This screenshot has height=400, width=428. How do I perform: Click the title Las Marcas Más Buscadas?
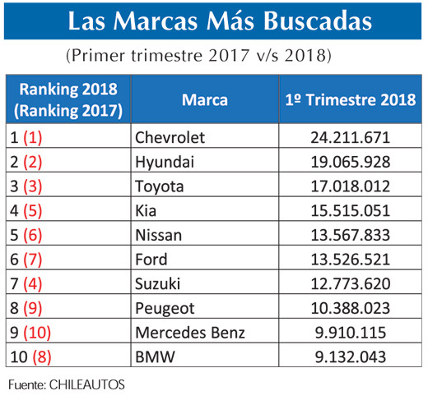coord(213,21)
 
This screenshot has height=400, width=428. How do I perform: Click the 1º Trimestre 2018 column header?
coord(349,100)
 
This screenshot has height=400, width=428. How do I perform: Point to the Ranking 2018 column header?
coord(68,99)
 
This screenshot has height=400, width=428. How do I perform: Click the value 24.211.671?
coord(350,136)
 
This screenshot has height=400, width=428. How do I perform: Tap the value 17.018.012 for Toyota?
coord(350,186)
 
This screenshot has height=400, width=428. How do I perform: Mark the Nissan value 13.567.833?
coord(350,235)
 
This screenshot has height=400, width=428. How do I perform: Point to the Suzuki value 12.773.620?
coord(350,284)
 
